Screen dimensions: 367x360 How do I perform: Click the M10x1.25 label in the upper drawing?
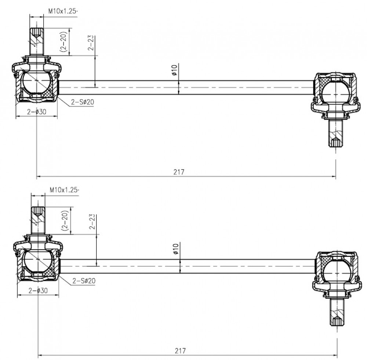point(62,11)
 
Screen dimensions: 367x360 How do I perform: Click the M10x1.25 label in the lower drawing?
point(64,190)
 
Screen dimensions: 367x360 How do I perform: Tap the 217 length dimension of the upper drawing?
point(179,172)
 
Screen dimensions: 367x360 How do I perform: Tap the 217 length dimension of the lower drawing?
point(180,350)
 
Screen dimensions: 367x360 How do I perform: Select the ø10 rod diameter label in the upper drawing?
point(174,70)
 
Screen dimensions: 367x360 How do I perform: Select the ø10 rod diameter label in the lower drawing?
point(176,249)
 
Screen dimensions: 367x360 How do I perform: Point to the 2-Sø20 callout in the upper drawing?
point(83,102)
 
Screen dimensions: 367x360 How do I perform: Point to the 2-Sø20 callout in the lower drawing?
point(84,281)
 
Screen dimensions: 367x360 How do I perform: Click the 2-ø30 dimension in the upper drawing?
point(37,112)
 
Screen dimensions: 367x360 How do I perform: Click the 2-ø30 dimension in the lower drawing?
point(38,291)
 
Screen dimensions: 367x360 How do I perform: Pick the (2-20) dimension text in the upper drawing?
point(63,41)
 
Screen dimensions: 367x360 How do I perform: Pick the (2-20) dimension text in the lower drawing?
point(65,220)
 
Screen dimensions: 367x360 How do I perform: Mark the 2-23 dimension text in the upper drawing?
point(91,43)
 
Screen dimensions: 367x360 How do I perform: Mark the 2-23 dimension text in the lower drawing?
point(92,222)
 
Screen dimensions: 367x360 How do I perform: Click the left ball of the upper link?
point(36,82)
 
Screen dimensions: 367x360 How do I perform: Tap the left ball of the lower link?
point(38,261)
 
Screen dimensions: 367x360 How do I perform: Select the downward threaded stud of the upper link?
point(336,133)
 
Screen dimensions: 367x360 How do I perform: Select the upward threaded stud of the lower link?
point(38,220)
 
